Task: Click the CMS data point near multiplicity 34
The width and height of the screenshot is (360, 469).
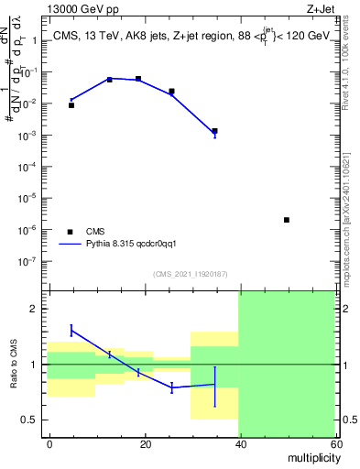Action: pyautogui.click(x=214, y=131)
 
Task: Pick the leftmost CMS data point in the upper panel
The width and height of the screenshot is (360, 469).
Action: pyautogui.click(x=71, y=105)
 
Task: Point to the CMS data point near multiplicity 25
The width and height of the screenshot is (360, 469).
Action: pyautogui.click(x=171, y=92)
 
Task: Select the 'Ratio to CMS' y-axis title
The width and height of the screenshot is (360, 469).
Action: pyautogui.click(x=14, y=364)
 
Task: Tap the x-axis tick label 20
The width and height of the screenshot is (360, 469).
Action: pyautogui.click(x=145, y=442)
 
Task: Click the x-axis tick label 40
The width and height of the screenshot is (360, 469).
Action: pyautogui.click(x=239, y=442)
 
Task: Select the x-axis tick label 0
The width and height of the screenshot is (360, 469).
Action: pyautogui.click(x=50, y=442)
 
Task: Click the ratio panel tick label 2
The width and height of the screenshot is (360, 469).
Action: pyautogui.click(x=37, y=309)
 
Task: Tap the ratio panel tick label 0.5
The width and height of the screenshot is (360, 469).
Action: pyautogui.click(x=33, y=420)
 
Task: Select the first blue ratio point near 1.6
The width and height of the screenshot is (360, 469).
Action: pyautogui.click(x=71, y=330)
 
